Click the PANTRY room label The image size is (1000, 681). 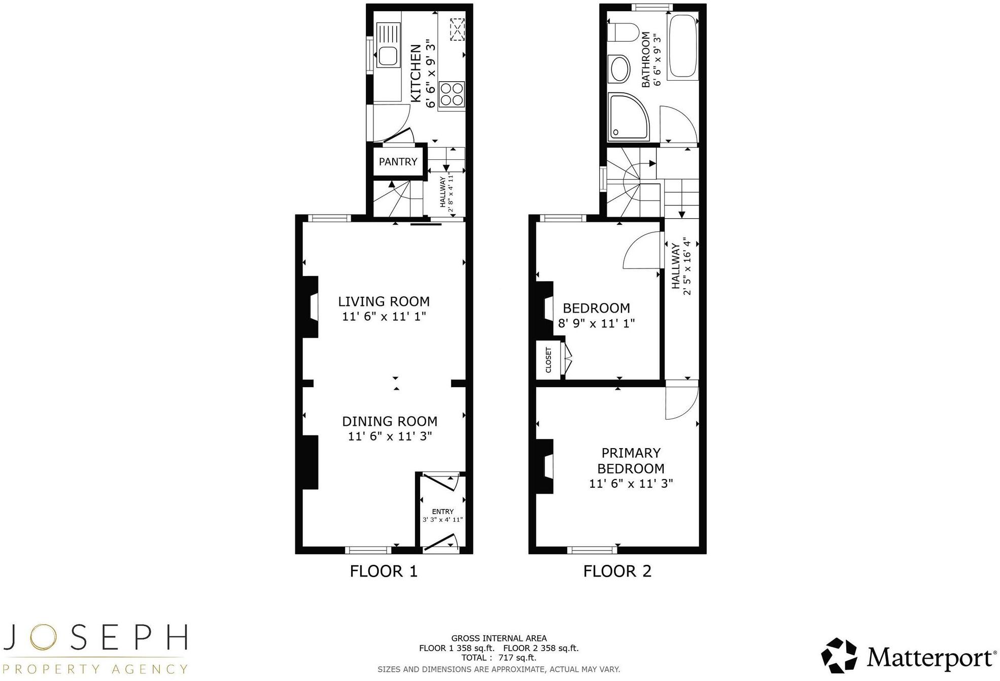tap(398, 162)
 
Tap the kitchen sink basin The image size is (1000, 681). tap(387, 56)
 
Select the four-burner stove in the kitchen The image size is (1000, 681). tap(452, 94)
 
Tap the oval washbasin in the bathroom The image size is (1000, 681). tap(619, 70)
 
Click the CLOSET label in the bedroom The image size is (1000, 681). tap(548, 360)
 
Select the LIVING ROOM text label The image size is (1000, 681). tap(384, 301)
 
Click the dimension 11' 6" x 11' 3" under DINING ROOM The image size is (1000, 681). tap(390, 436)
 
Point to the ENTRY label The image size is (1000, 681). tap(442, 512)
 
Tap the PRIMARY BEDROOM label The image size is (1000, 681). tap(631, 460)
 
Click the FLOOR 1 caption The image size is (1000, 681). tap(384, 571)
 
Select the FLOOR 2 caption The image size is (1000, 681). tap(617, 571)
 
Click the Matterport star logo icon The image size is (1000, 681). tap(839, 656)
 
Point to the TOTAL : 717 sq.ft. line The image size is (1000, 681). tap(498, 658)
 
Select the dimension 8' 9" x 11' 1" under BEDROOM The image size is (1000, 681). tap(596, 323)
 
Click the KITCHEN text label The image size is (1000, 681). tap(416, 74)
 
